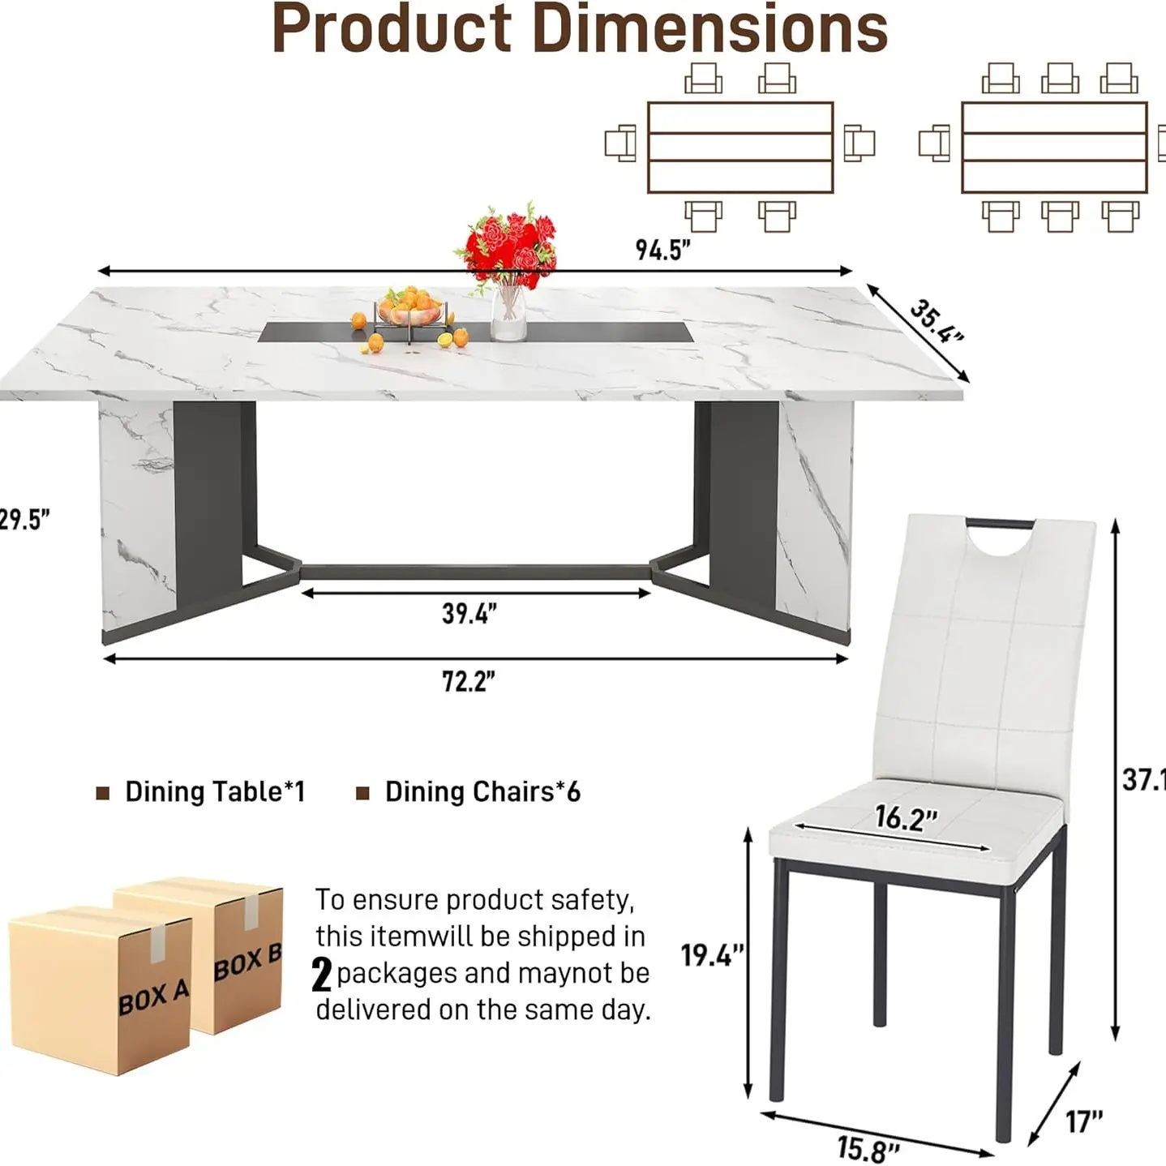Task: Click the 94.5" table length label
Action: pyautogui.click(x=662, y=250)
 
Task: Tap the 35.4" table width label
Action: pyautogui.click(x=936, y=321)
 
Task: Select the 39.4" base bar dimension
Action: pyautogui.click(x=469, y=614)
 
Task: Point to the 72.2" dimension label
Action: pyautogui.click(x=468, y=682)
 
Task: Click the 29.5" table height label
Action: pyautogui.click(x=24, y=520)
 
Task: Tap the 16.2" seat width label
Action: pyautogui.click(x=906, y=818)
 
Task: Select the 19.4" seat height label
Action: pyautogui.click(x=712, y=955)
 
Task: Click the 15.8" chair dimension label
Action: pyautogui.click(x=868, y=1148)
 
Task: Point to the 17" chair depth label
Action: pyautogui.click(x=1084, y=1122)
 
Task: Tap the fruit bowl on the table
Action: pyautogui.click(x=409, y=311)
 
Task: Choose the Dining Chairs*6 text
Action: pyautogui.click(x=482, y=792)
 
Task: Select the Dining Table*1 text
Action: pyautogui.click(x=215, y=792)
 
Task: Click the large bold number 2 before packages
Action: pyautogui.click(x=322, y=975)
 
